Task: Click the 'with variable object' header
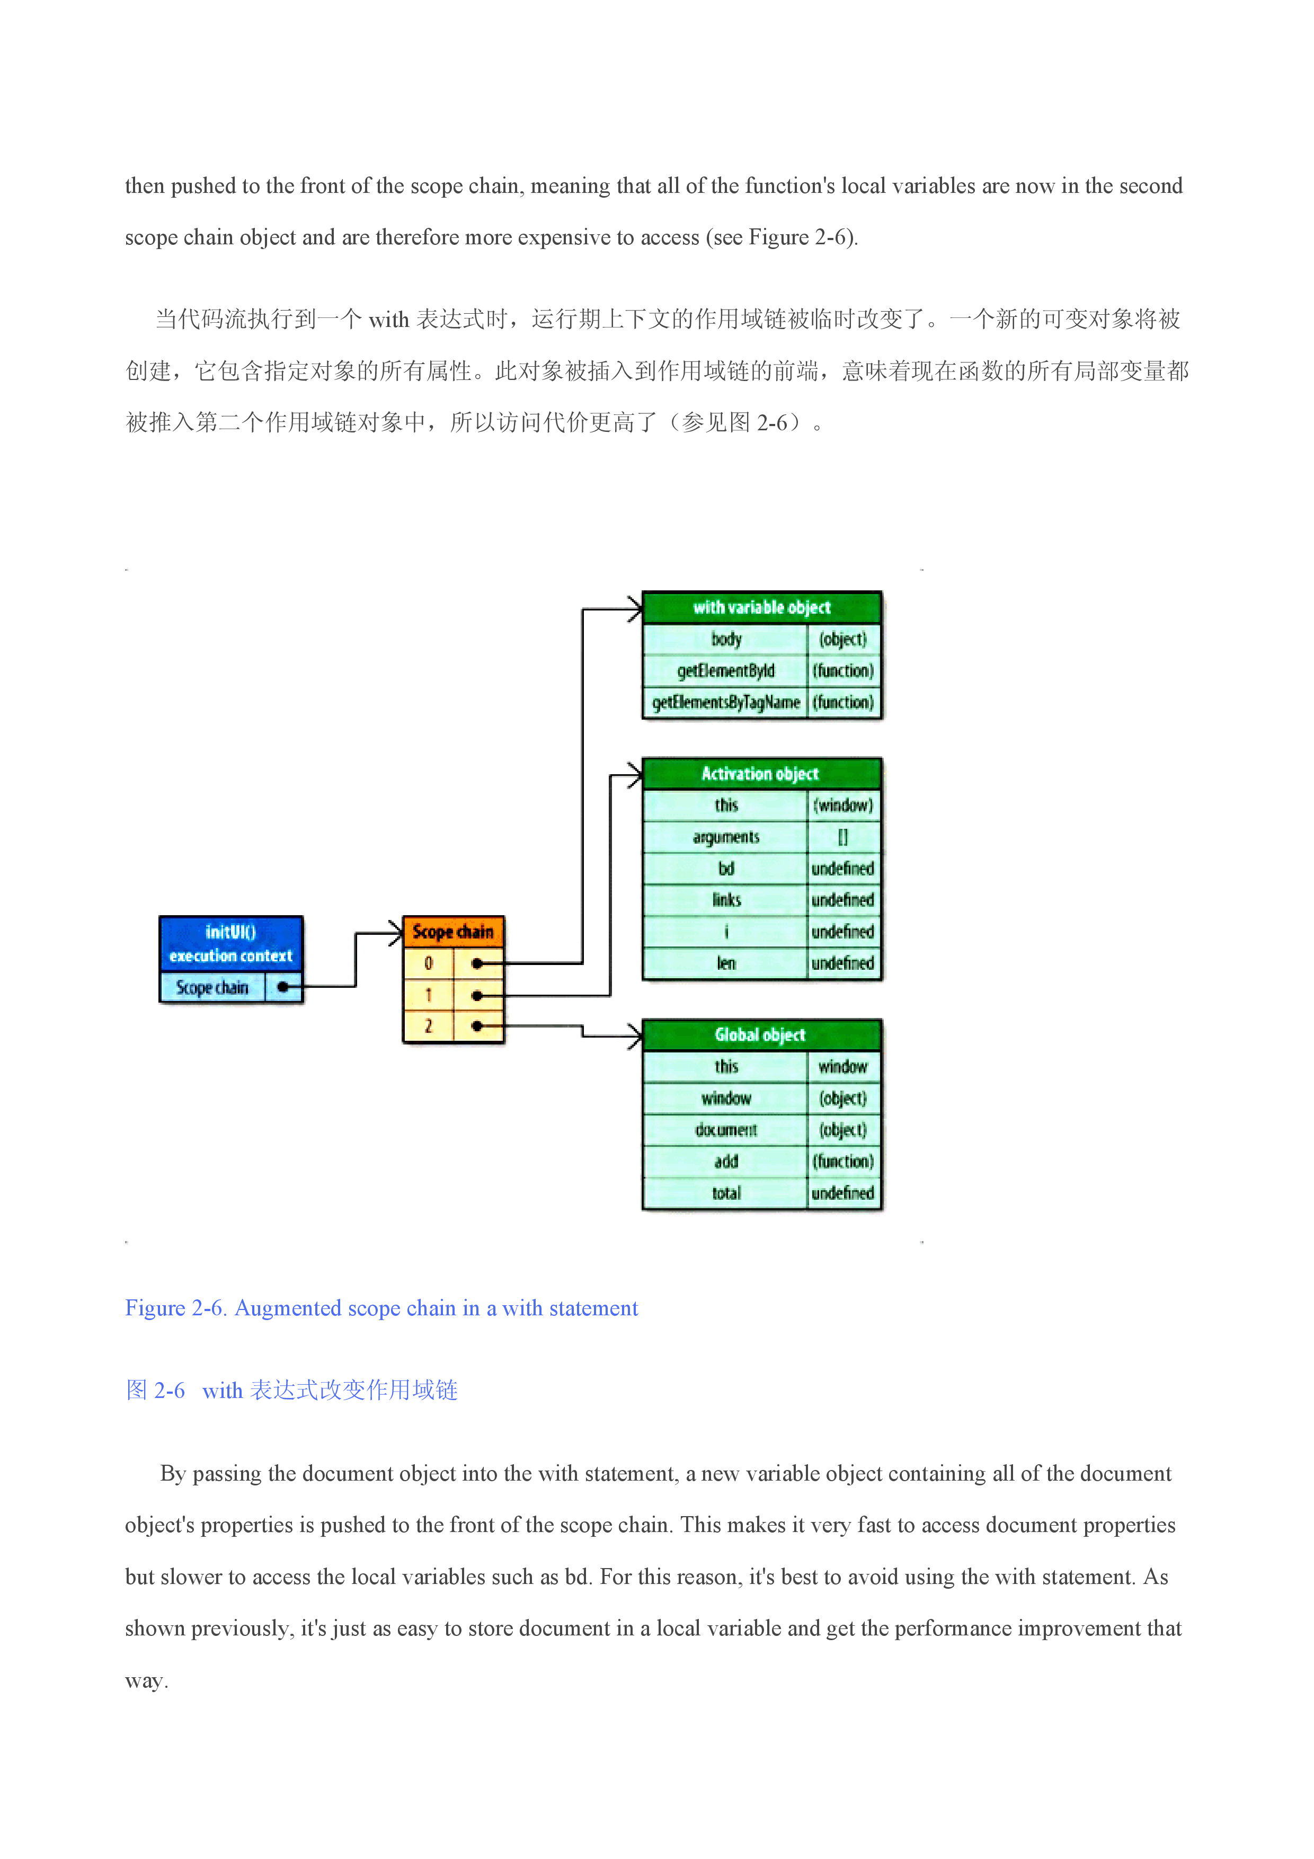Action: tap(761, 607)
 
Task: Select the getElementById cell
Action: tap(725, 670)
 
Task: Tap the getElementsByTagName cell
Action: tap(725, 702)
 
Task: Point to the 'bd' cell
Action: tap(725, 869)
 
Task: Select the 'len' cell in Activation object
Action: tap(725, 963)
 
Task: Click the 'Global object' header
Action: tap(761, 1035)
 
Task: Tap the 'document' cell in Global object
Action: tap(725, 1129)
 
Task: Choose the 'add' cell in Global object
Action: tap(725, 1161)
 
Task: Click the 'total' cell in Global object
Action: tap(725, 1193)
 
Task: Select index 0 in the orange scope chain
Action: tap(428, 963)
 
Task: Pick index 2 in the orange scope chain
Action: tap(428, 1026)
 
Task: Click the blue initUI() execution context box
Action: tap(230, 944)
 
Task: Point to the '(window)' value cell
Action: tap(843, 805)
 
